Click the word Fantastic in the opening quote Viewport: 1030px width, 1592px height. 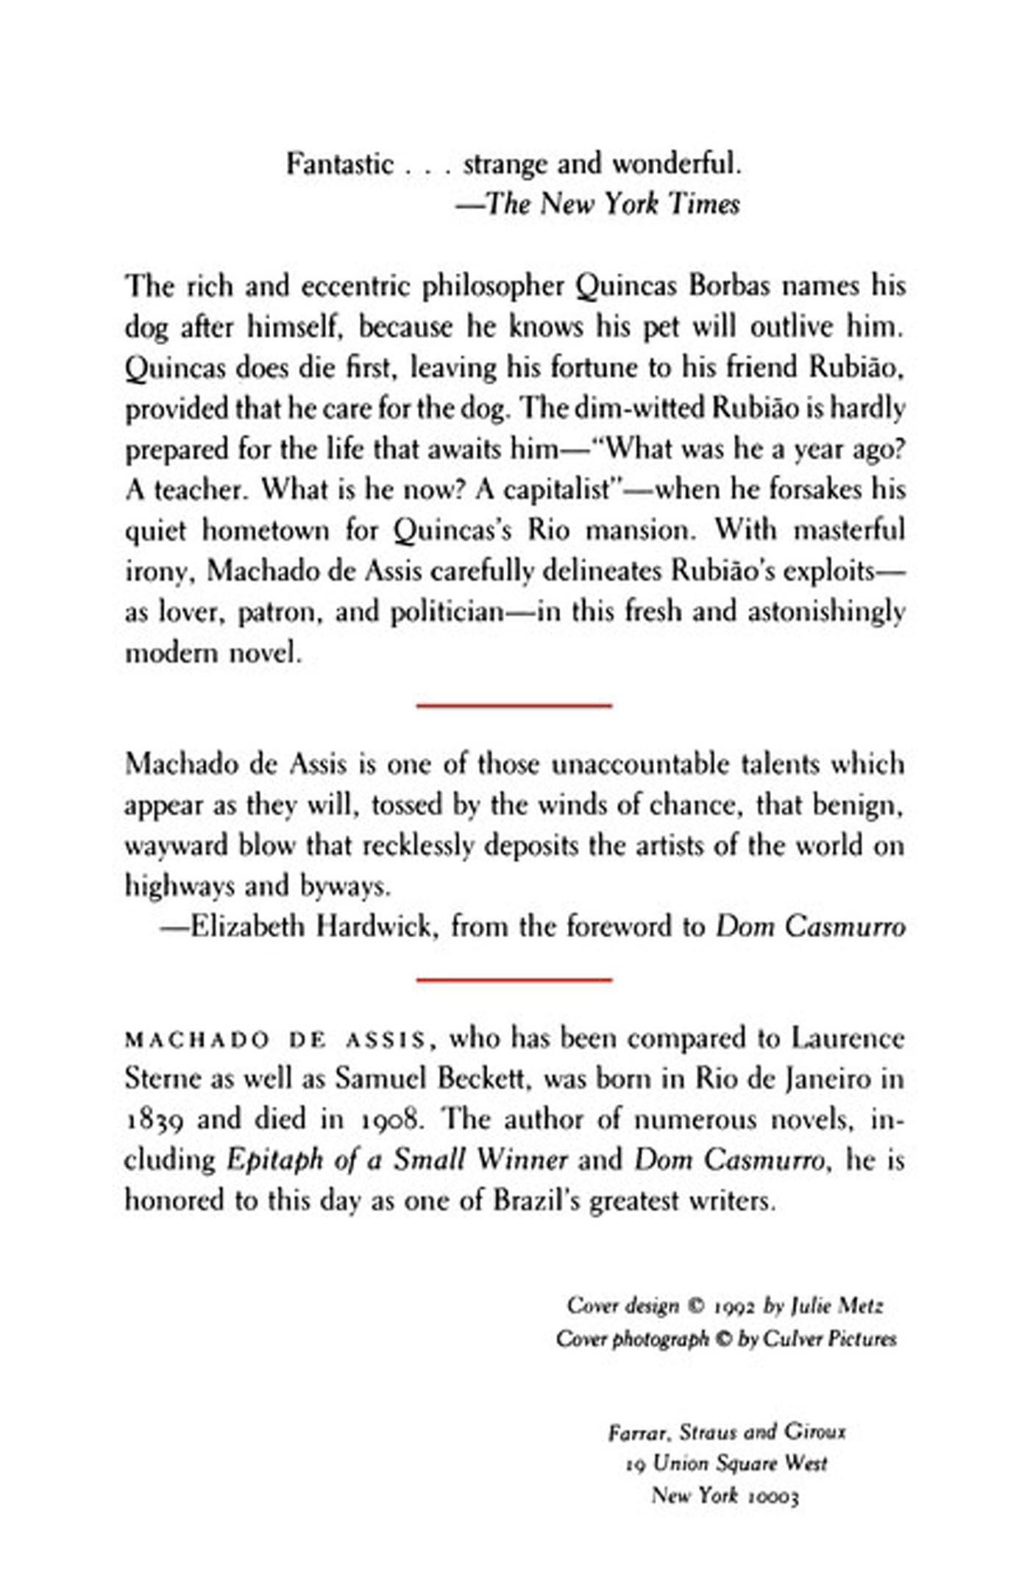click(x=339, y=164)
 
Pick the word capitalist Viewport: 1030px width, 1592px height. click(x=556, y=490)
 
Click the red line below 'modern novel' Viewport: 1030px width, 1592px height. click(x=514, y=706)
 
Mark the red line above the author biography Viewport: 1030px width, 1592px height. click(x=514, y=980)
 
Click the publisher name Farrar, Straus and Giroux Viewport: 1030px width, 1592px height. click(x=727, y=1432)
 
